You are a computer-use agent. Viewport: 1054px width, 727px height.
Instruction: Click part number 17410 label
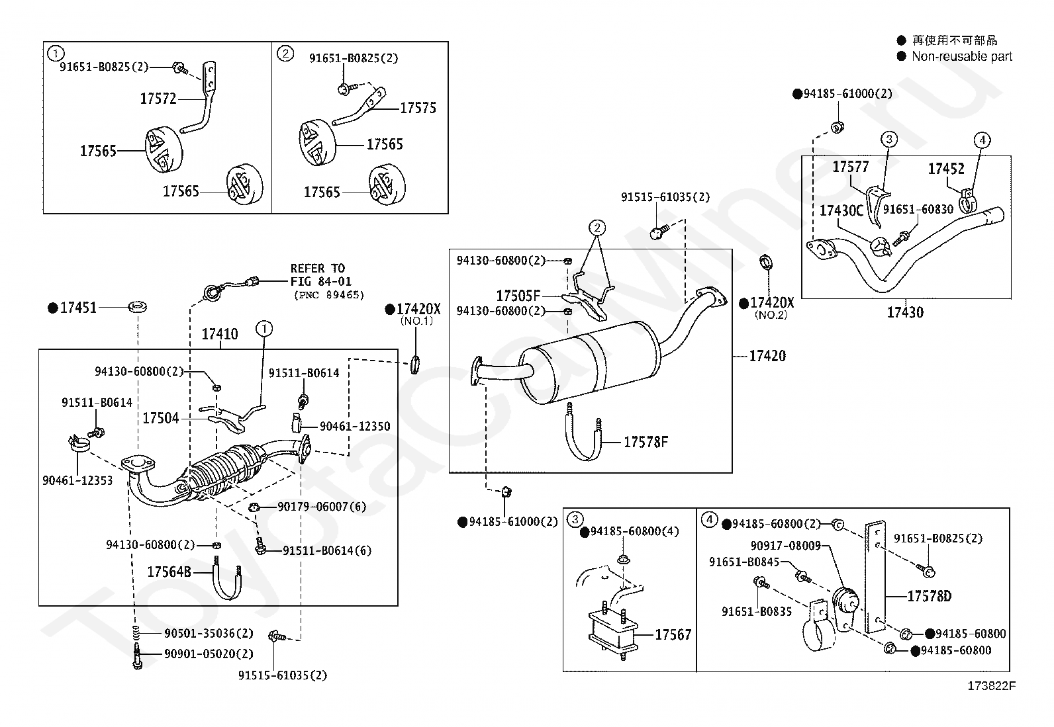[x=219, y=334]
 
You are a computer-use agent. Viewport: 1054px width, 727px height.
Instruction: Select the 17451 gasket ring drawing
[x=138, y=308]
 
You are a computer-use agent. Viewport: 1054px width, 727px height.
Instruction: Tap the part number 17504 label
[x=160, y=419]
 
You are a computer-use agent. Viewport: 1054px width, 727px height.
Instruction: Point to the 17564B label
[x=169, y=572]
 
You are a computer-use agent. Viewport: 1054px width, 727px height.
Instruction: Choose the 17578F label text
[x=646, y=441]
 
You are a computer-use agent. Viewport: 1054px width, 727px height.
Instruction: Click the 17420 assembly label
[x=767, y=356]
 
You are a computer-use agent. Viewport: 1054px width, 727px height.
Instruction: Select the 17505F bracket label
[x=518, y=296]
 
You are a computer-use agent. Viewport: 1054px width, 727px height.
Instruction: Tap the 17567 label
[x=673, y=634]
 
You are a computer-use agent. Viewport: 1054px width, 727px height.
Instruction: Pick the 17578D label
[x=929, y=596]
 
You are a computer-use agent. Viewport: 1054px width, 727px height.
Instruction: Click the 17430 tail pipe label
[x=905, y=312]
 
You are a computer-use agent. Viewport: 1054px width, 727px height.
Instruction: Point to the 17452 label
[x=946, y=169]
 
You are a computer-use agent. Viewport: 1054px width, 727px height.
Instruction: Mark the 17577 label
[x=850, y=167]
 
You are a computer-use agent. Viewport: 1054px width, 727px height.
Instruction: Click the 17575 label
[x=418, y=108]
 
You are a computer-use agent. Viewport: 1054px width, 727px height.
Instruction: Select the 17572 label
[x=158, y=99]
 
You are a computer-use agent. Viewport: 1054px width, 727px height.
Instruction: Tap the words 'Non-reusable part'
[x=962, y=57]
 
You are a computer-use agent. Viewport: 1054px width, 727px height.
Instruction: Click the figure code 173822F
[x=991, y=685]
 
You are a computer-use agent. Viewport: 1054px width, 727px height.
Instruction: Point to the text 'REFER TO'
[x=318, y=269]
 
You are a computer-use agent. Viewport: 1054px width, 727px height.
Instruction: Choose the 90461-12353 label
[x=77, y=480]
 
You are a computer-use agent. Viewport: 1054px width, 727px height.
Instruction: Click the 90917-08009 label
[x=786, y=546]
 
